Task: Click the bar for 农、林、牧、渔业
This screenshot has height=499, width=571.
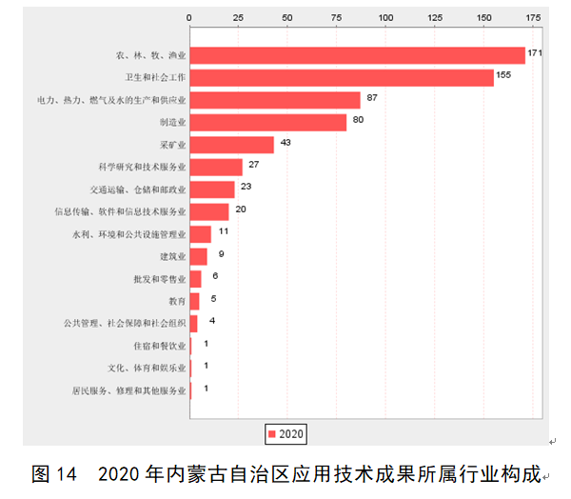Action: (x=358, y=55)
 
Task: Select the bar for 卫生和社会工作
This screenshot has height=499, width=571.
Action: (x=342, y=78)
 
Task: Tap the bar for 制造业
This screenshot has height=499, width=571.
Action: (x=268, y=122)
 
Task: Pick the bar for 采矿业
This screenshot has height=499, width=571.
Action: (x=232, y=145)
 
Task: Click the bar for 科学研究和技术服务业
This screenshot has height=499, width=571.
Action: (x=216, y=168)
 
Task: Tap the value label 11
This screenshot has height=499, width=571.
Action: (x=224, y=231)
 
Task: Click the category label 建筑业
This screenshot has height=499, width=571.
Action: (x=173, y=257)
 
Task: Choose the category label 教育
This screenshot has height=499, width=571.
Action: (x=177, y=302)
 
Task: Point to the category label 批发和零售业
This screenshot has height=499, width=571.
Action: (x=160, y=279)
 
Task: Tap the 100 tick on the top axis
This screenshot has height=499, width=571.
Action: (x=386, y=17)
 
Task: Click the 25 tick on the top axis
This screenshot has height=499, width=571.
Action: (x=239, y=17)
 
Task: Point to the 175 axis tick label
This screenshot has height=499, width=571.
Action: (x=533, y=17)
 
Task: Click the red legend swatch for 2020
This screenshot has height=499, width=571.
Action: (x=272, y=434)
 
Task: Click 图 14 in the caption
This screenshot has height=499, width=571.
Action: (x=53, y=473)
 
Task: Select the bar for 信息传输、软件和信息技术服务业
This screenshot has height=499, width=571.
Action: (x=209, y=211)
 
